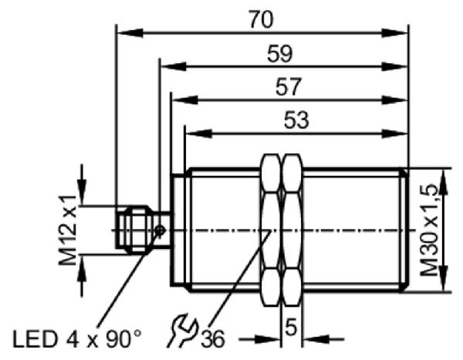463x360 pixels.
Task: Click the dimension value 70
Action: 261,19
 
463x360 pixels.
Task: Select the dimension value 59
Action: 280,53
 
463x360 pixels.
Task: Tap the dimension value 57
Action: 288,86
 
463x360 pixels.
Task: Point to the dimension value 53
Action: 296,120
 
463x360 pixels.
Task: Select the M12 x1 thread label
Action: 68,230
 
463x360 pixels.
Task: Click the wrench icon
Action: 183,331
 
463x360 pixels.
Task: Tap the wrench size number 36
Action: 213,338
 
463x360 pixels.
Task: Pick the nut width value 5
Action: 291,327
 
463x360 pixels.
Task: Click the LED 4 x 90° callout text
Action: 76,338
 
